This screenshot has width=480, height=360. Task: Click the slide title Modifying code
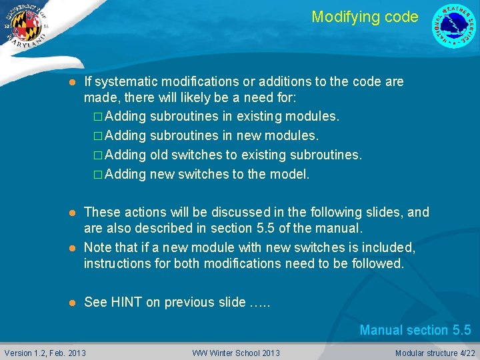pos(365,17)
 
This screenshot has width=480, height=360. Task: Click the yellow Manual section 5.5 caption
pos(415,330)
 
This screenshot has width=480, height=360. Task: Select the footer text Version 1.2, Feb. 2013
pos(45,353)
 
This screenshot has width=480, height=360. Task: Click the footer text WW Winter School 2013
pos(236,353)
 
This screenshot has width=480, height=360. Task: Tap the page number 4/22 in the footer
pos(467,353)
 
